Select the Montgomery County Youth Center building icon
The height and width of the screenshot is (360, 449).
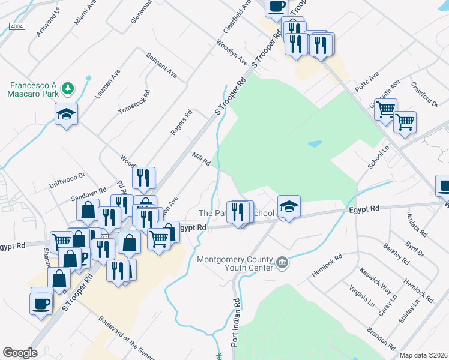click(282, 262)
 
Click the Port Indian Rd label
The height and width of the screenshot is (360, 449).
click(235, 322)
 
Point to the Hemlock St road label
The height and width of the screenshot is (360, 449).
click(327, 265)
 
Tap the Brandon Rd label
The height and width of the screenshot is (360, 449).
click(382, 338)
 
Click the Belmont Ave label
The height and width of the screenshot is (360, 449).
click(161, 65)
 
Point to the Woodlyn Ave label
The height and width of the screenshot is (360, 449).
click(232, 53)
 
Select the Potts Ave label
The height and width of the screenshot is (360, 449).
click(367, 81)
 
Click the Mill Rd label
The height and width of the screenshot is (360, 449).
click(200, 159)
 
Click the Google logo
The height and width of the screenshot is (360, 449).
click(20, 352)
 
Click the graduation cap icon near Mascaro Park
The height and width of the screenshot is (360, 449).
click(66, 113)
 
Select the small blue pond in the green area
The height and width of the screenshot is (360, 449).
click(313, 144)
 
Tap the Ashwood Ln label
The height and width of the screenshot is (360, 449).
click(48, 24)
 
